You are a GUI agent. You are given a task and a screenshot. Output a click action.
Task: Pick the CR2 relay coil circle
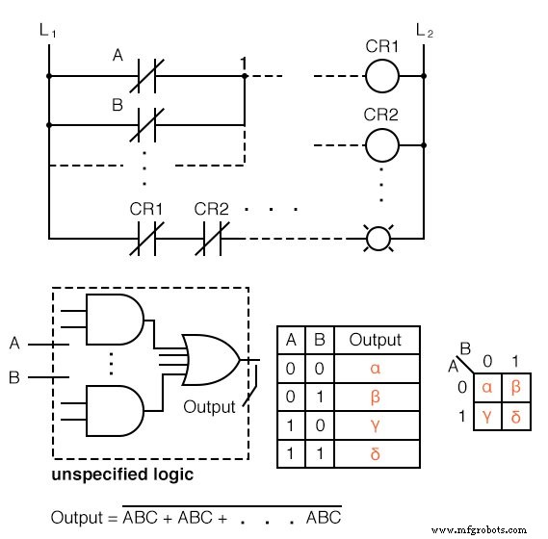point(381,145)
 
